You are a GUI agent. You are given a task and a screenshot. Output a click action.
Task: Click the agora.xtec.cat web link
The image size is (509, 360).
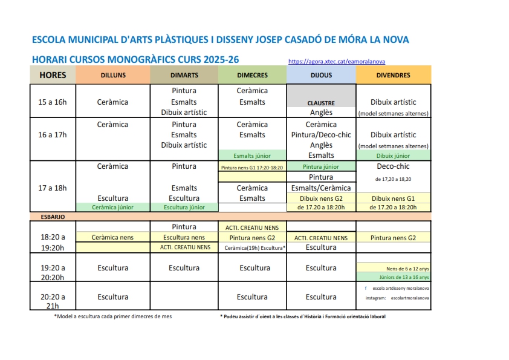click(336, 61)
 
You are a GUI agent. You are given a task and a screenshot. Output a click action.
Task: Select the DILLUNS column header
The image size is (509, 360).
click(112, 75)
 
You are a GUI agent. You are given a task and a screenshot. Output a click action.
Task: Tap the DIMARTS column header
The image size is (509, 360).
click(184, 75)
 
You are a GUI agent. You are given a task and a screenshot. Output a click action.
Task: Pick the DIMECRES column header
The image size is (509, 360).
click(252, 75)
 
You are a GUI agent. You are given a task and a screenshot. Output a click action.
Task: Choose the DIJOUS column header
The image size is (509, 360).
click(321, 75)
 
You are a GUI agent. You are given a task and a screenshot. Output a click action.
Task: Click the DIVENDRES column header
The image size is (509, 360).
click(393, 75)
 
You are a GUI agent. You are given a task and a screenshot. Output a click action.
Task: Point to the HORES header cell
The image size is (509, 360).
click(53, 75)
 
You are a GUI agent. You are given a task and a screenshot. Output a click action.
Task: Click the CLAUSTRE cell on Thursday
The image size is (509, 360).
click(321, 103)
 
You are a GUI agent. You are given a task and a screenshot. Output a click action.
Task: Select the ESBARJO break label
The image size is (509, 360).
click(54, 216)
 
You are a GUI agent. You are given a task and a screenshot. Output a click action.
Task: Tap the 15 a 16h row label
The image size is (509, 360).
click(53, 102)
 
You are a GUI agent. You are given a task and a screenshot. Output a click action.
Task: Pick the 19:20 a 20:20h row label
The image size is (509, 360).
click(53, 272)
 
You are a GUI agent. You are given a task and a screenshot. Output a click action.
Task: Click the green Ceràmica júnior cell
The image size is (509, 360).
click(112, 207)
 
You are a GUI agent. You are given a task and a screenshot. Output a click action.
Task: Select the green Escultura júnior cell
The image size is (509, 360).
click(184, 207)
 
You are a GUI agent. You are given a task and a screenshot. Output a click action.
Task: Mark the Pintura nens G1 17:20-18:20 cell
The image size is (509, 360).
click(252, 167)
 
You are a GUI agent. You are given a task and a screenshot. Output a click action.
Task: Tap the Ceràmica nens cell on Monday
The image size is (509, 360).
click(112, 238)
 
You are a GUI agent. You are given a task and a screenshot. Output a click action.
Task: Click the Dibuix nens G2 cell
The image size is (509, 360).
click(321, 198)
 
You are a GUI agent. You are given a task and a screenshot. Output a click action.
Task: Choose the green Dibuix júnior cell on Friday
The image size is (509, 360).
click(393, 156)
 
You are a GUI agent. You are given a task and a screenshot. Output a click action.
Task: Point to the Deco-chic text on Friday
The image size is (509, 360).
click(393, 166)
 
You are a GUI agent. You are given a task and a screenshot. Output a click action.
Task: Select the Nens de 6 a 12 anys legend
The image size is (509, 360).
click(407, 268)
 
